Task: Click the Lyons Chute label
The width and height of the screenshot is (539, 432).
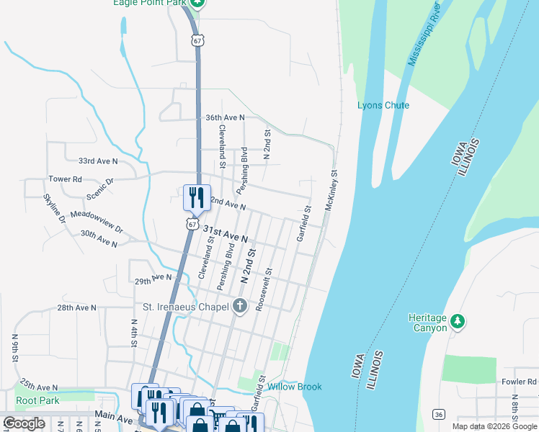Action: click(x=383, y=106)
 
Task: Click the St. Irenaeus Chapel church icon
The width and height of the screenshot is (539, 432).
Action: click(x=240, y=307)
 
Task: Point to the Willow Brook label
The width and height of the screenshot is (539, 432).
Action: click(x=295, y=387)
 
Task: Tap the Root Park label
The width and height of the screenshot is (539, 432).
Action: click(x=37, y=400)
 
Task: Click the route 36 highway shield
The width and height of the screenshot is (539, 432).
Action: click(x=437, y=414)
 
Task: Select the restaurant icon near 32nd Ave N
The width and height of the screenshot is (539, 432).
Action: click(x=197, y=197)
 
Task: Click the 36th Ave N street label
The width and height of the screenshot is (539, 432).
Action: click(x=225, y=117)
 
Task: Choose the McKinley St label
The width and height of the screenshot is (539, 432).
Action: click(x=331, y=190)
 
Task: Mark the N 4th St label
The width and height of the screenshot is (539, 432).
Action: click(x=134, y=333)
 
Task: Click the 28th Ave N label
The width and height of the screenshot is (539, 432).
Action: click(x=77, y=307)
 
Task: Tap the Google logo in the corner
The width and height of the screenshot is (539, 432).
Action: click(x=24, y=423)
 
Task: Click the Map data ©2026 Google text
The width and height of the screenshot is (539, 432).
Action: click(x=495, y=426)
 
